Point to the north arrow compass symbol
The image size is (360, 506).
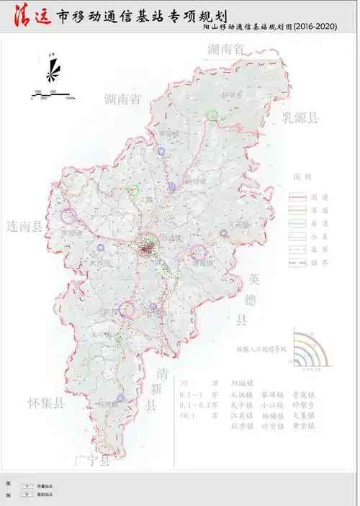[x=51, y=71]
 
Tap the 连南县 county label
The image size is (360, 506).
[x=24, y=225]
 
